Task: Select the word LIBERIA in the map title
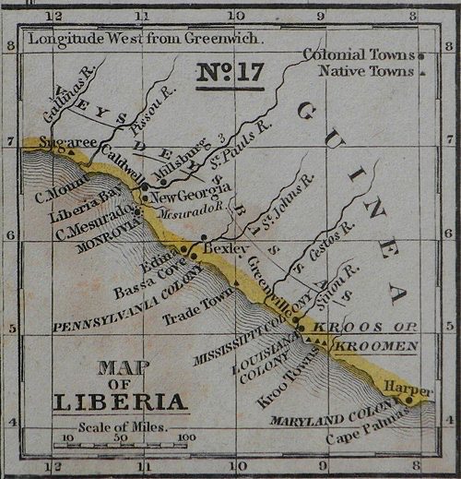(121, 402)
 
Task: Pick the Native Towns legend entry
(366, 70)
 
